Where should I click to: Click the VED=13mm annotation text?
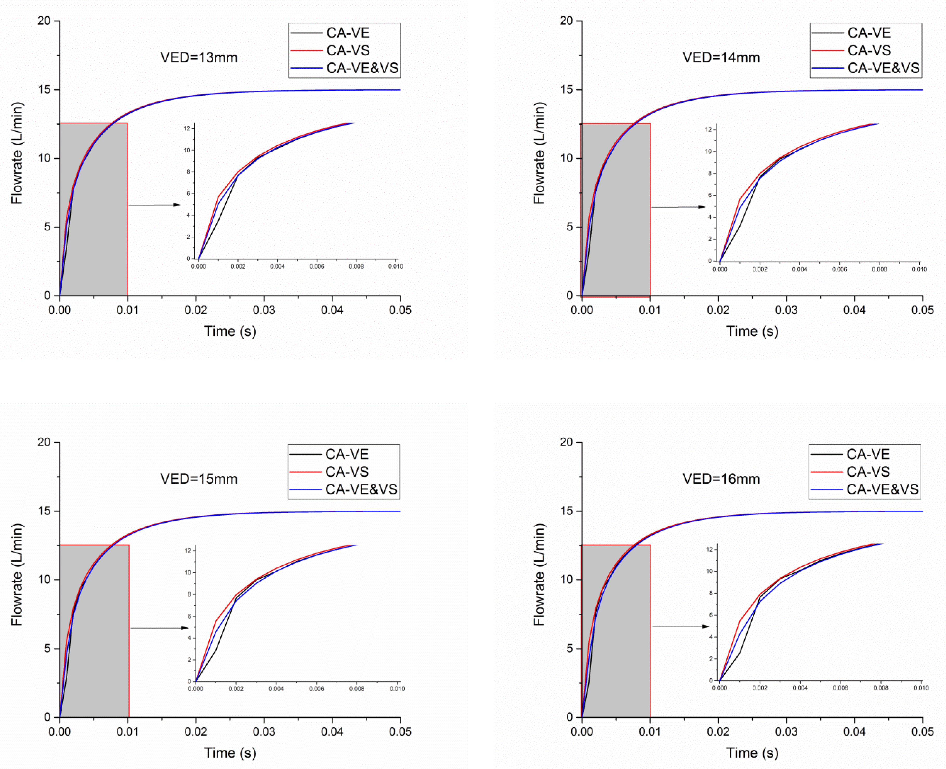(x=199, y=57)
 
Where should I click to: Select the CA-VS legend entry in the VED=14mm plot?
(x=869, y=50)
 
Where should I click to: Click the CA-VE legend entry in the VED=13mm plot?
(x=347, y=33)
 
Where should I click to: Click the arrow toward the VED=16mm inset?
(x=680, y=626)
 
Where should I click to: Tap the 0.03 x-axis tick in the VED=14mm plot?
(x=786, y=310)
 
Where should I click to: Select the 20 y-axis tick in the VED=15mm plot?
(x=44, y=442)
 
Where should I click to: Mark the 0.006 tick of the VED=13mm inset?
(x=317, y=267)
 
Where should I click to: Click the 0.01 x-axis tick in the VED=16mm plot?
(x=650, y=731)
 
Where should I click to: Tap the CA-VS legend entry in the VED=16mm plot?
(x=868, y=472)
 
